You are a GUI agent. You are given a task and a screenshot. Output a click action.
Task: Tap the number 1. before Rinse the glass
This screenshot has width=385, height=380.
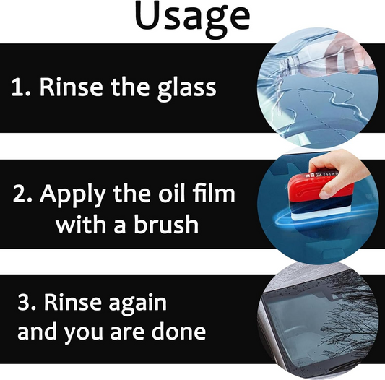21,88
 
